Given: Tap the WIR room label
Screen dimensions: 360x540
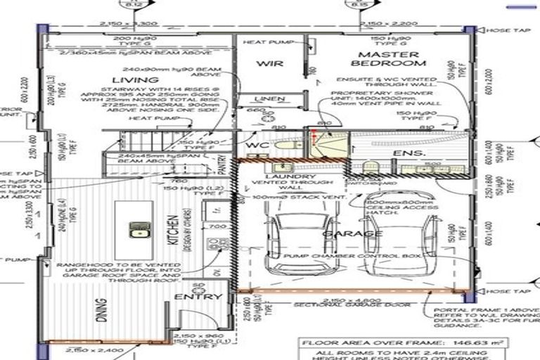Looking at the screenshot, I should coord(269,63).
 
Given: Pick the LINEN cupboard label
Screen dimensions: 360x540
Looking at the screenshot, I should coord(269,100).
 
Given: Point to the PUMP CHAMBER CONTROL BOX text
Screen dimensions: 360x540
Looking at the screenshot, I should coord(358,257).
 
